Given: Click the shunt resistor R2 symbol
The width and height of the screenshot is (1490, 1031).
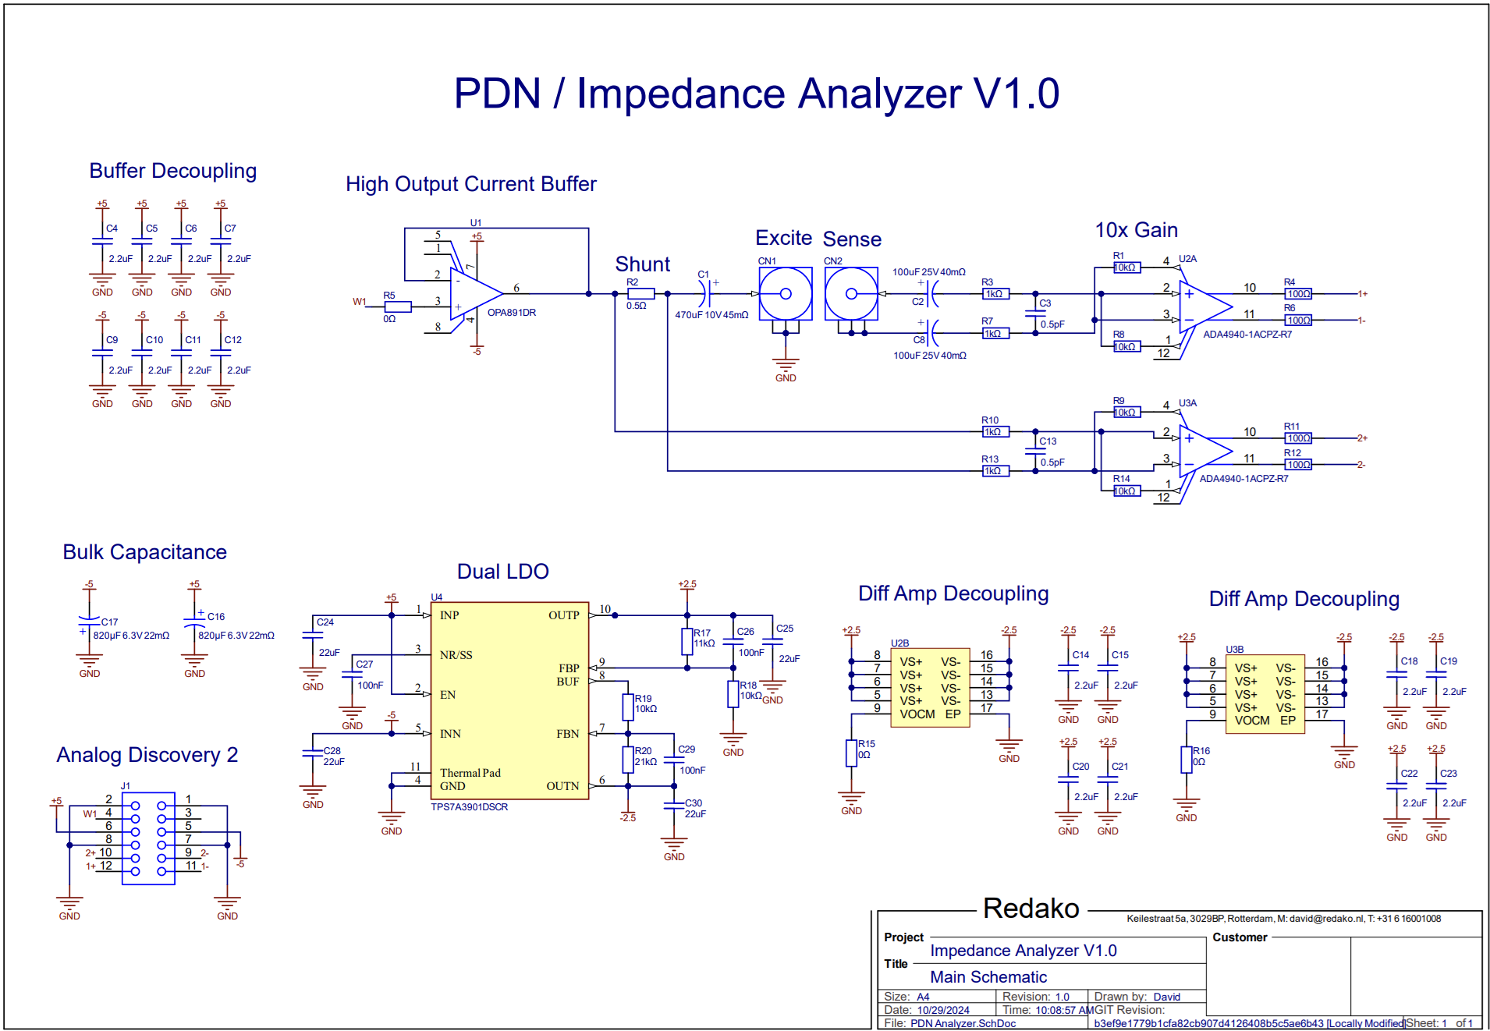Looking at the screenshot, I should point(640,294).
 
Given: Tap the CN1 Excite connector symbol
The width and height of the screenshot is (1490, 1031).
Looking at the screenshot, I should point(786,294).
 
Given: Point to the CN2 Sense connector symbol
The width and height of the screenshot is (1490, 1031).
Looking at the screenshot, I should point(851,294).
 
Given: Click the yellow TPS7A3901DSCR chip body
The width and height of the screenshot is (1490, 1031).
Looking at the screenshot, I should point(509,700).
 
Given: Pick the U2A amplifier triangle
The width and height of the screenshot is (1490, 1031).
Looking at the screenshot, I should point(1203,306).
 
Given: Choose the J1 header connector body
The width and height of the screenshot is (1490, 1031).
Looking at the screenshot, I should point(148,838).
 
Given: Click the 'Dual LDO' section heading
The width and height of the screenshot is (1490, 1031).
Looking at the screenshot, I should point(502,572).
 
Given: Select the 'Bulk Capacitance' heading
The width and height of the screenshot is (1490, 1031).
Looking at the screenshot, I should point(144,552).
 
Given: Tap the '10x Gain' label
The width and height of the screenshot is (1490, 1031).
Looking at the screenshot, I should point(1136,230).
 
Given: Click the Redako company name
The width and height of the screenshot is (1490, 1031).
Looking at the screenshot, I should point(1031,909).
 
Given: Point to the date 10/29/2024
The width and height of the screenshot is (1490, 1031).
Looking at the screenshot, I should point(943,1010).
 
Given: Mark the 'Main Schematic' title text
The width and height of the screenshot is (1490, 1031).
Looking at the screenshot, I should point(988,977).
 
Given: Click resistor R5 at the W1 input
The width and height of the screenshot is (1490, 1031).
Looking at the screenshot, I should point(398,306).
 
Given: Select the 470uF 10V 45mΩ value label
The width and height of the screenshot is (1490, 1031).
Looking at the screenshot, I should point(711,315).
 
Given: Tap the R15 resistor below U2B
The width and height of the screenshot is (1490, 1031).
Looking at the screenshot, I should point(851,753).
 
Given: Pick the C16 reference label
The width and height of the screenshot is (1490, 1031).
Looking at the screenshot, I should point(216,616).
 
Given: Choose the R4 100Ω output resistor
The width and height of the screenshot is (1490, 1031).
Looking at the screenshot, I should point(1298,294).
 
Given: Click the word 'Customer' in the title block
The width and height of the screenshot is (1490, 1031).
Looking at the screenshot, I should point(1240,937).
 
